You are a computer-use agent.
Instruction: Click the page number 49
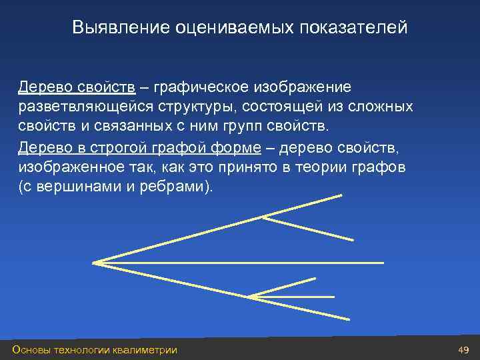click(x=464, y=350)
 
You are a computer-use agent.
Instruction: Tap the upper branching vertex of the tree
click(x=264, y=215)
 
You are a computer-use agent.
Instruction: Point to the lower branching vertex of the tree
click(x=249, y=296)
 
